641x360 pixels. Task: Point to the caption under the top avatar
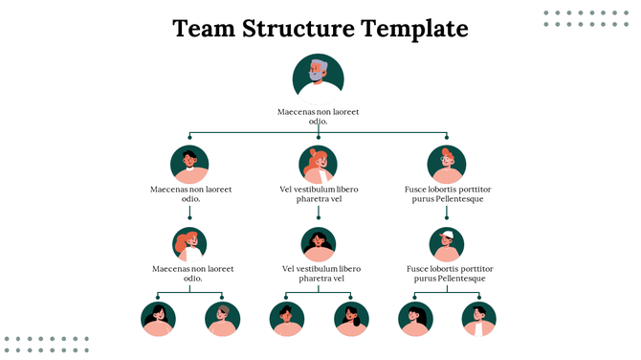(x=318, y=117)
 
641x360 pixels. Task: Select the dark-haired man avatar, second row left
(x=189, y=164)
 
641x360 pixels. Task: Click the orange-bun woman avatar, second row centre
(x=318, y=164)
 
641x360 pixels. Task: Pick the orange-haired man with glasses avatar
(x=446, y=164)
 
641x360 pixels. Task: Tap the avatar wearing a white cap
(x=446, y=244)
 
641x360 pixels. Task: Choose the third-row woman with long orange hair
(x=189, y=244)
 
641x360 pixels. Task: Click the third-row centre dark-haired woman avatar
(x=318, y=244)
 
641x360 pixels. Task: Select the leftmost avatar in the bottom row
(x=158, y=319)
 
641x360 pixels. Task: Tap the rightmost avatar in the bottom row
(x=478, y=319)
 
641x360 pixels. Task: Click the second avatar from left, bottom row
(x=222, y=319)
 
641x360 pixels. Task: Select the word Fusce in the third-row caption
(x=419, y=269)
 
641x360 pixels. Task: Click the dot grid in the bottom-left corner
(x=46, y=344)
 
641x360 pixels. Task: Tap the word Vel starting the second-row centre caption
(x=287, y=190)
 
